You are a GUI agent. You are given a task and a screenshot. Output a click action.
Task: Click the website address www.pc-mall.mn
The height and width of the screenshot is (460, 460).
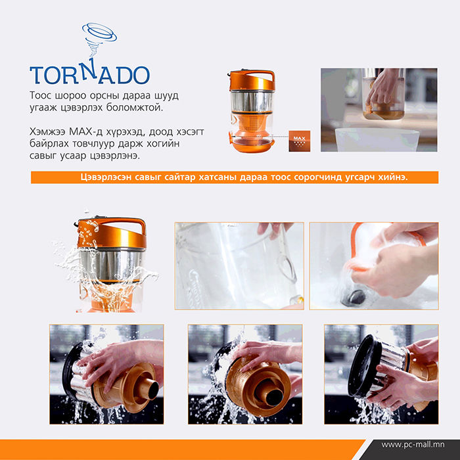click(413, 445)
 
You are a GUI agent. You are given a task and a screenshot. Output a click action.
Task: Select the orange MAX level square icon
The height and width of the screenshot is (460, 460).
click(299, 141)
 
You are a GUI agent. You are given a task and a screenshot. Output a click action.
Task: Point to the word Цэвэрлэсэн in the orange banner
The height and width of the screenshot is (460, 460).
click(106, 177)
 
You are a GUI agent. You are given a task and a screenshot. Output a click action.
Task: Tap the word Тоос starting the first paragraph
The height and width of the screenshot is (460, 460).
click(41, 96)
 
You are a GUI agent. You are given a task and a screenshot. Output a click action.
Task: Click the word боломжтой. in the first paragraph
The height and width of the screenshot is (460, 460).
click(134, 108)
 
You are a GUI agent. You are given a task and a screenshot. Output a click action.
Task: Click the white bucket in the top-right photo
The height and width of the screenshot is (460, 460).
click(377, 139)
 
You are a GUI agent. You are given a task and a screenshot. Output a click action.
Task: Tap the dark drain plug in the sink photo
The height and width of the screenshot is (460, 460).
click(353, 298)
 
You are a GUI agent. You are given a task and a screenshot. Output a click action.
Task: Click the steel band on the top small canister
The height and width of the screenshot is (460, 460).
click(252, 101)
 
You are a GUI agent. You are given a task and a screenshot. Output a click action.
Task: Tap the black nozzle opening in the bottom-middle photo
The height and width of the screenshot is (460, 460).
click(274, 397)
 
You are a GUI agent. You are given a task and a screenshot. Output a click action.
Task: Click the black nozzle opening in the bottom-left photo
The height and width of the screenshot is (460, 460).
click(153, 390)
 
